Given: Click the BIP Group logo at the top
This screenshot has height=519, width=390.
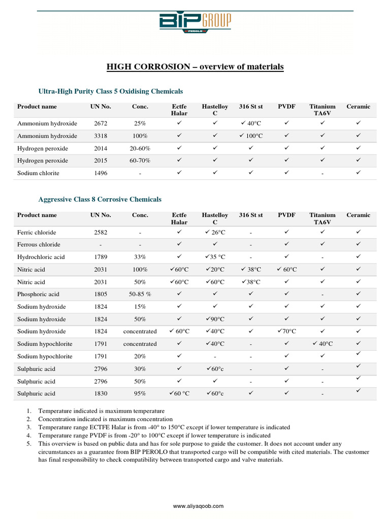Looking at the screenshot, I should (x=195, y=23).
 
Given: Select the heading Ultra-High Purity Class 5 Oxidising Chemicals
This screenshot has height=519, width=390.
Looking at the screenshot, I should (x=111, y=91).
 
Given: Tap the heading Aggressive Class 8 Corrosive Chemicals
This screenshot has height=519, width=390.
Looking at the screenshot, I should (x=100, y=200).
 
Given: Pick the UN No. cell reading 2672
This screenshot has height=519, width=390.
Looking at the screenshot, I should (x=101, y=124).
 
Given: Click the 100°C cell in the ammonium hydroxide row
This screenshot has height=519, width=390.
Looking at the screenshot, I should (x=251, y=136).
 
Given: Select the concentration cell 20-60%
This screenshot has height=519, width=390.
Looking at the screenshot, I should (x=140, y=149).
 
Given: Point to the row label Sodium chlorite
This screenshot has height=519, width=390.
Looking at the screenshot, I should (x=38, y=173).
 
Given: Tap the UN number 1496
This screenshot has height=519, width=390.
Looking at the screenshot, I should (x=101, y=173).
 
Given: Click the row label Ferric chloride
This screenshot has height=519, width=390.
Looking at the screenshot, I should (x=39, y=232).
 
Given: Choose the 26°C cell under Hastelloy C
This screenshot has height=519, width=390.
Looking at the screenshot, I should (x=215, y=232).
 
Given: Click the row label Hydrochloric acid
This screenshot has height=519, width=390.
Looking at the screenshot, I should (x=41, y=257).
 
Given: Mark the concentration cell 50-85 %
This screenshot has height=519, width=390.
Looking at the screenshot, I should (x=140, y=294).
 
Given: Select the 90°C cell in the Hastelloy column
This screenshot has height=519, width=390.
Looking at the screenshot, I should (x=215, y=319).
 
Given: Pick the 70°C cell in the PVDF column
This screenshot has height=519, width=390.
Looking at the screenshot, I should (x=286, y=331).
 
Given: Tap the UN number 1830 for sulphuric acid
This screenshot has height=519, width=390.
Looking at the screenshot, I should (x=101, y=394).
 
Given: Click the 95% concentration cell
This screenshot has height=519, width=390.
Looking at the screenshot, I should (x=140, y=394).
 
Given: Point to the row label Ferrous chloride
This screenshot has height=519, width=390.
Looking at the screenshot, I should (x=39, y=245).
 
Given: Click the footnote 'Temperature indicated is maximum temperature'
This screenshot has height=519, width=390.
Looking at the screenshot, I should (x=102, y=411).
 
